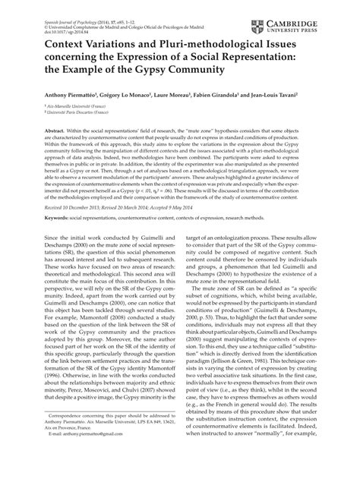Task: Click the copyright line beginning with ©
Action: point(114,14)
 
